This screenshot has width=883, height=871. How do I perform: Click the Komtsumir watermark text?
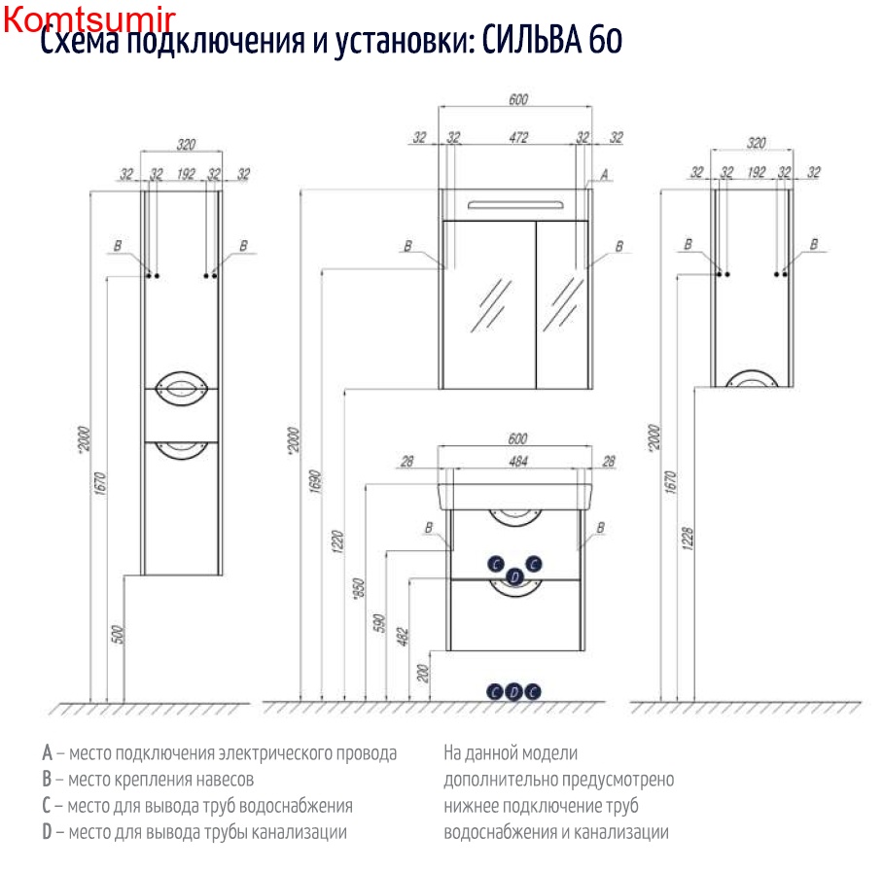(88, 19)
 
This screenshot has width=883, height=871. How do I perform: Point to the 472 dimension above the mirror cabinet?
(518, 138)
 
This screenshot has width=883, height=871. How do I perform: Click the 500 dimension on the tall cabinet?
(118, 635)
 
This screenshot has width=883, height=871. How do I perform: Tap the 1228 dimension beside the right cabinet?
(688, 540)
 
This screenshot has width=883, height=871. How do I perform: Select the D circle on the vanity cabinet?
(516, 577)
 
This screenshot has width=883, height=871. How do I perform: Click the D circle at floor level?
(514, 691)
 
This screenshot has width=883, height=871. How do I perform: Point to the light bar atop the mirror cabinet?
(515, 204)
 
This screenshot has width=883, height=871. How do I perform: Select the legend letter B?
(47, 780)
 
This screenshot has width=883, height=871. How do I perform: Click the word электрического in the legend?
(275, 753)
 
